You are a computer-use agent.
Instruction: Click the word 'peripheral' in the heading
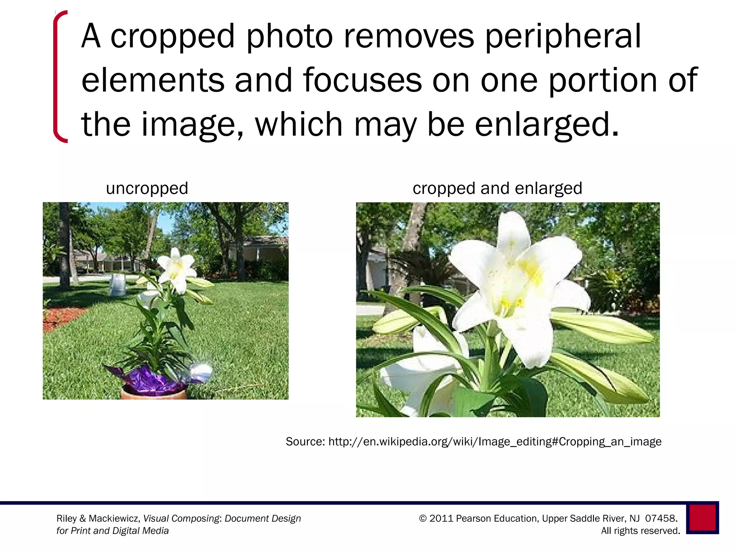click(563, 37)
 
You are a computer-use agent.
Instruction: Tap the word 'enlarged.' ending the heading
click(547, 125)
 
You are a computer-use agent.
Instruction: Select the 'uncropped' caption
click(147, 188)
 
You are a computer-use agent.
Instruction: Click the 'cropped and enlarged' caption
click(497, 188)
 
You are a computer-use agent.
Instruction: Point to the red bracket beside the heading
click(58, 77)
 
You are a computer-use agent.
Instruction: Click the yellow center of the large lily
click(529, 271)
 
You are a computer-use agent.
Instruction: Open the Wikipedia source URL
click(495, 441)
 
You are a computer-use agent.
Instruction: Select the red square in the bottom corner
click(702, 517)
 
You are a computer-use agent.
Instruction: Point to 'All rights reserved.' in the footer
click(641, 531)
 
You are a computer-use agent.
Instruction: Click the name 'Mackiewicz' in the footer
click(114, 519)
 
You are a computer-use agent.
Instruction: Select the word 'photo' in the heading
click(290, 37)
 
